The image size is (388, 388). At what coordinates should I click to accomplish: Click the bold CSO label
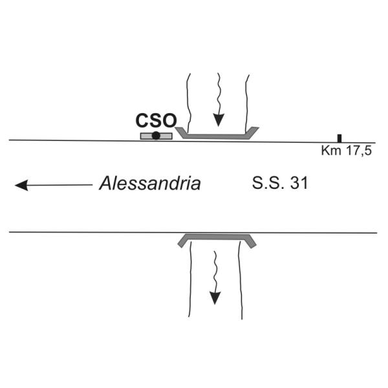pyautogui.click(x=155, y=120)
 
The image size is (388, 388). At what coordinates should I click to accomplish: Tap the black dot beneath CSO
pyautogui.click(x=156, y=135)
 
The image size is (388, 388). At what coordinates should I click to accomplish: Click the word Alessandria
pyautogui.click(x=150, y=184)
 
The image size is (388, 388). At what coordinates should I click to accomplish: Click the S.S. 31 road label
pyautogui.click(x=279, y=184)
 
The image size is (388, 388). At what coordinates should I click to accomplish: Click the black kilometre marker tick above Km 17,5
pyautogui.click(x=339, y=138)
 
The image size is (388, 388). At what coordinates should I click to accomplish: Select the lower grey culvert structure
pyautogui.click(x=217, y=236)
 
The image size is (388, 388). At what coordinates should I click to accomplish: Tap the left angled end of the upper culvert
pyautogui.click(x=181, y=134)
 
